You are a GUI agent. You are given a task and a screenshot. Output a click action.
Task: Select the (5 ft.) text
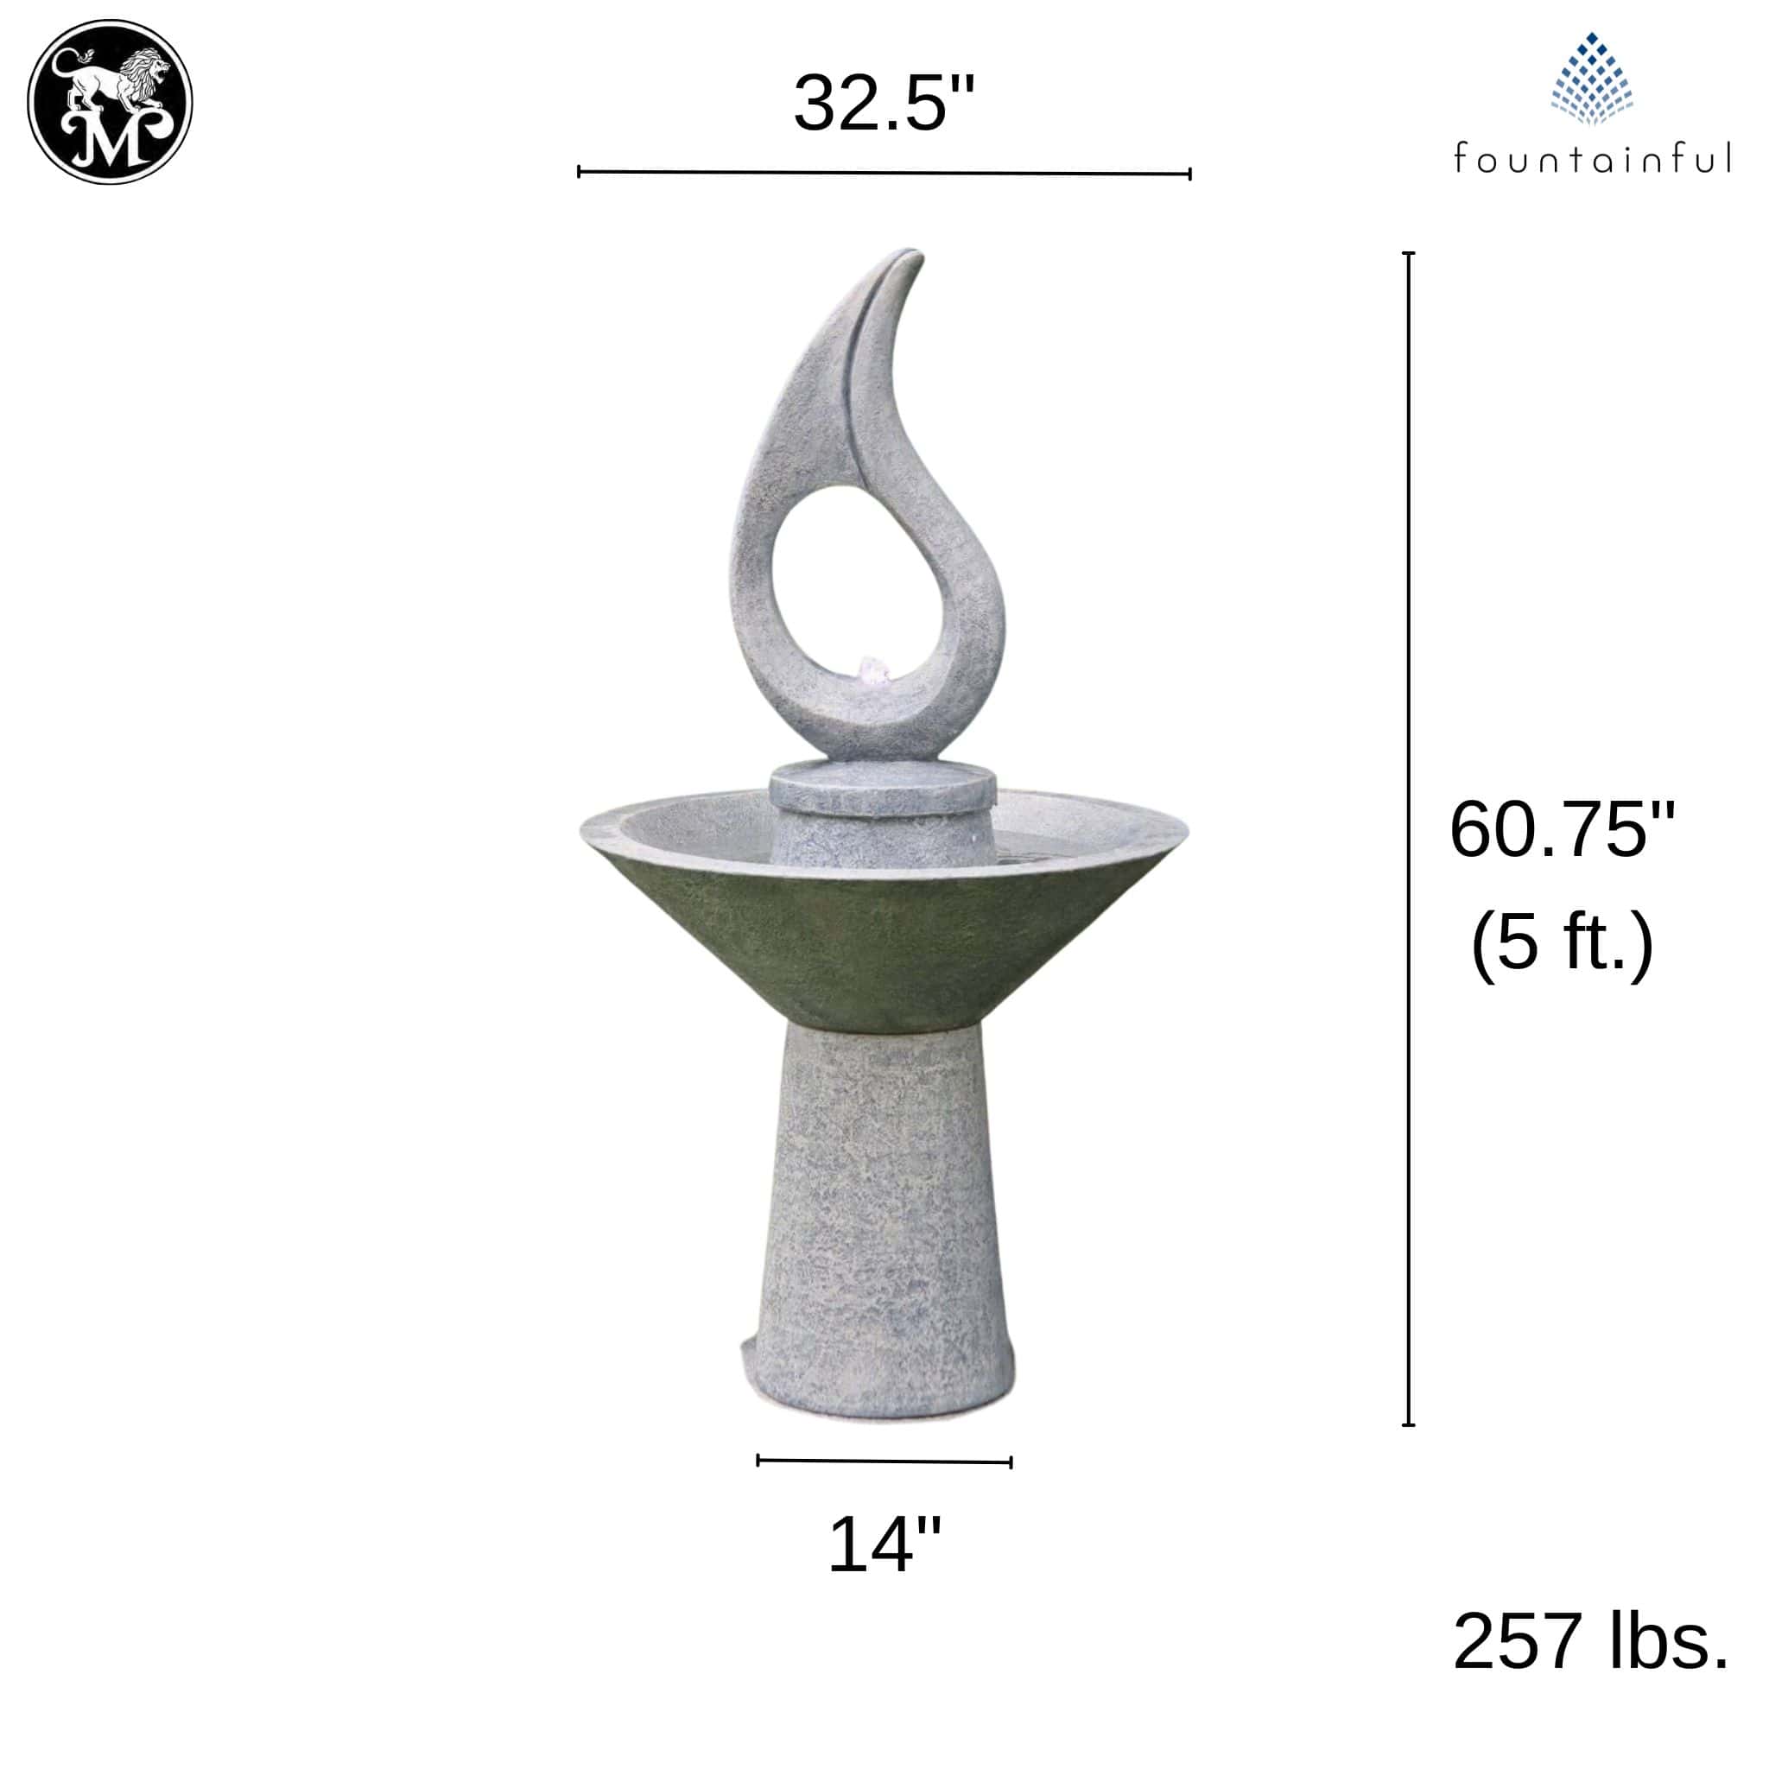click(x=1561, y=942)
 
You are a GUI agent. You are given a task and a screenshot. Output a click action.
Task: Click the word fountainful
click(x=1591, y=157)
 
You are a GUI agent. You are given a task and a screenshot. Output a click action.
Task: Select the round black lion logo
click(x=110, y=102)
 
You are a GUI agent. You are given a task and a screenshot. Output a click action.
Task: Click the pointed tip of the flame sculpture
click(x=910, y=254)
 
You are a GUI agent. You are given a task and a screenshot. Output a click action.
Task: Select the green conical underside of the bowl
click(x=884, y=943)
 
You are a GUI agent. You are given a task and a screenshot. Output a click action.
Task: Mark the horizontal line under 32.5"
click(x=884, y=172)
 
